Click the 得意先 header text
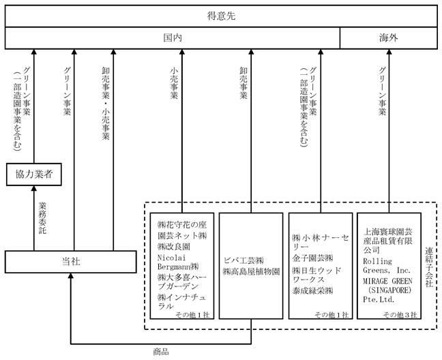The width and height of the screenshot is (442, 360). (x=221, y=16)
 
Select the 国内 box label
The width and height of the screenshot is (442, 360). (x=173, y=37)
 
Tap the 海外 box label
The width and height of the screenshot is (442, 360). (x=388, y=37)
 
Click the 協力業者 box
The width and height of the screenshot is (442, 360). (x=34, y=175)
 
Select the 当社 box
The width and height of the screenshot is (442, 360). (x=71, y=262)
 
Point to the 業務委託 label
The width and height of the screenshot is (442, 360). (x=42, y=217)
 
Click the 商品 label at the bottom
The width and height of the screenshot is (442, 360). (x=161, y=352)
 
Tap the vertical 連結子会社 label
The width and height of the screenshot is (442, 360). (x=429, y=267)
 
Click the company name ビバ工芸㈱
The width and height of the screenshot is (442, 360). (x=244, y=260)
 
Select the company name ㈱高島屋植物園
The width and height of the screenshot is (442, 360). (x=251, y=271)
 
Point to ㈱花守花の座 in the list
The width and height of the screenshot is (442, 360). (x=182, y=225)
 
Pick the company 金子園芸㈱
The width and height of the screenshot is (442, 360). (x=312, y=258)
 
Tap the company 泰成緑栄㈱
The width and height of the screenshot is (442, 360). (x=312, y=290)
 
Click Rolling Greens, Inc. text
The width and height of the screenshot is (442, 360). (x=387, y=266)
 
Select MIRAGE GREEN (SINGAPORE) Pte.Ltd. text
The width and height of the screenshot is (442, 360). (x=387, y=290)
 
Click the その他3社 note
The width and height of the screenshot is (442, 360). (x=400, y=314)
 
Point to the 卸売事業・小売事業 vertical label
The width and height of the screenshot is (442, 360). (x=106, y=104)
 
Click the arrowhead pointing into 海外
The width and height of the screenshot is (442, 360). (x=389, y=52)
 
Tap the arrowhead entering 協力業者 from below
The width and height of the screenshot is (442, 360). (x=34, y=188)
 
